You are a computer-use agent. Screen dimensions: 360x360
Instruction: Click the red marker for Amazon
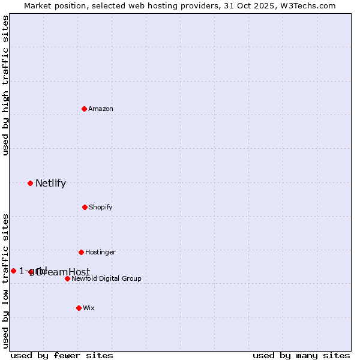(x=84, y=109)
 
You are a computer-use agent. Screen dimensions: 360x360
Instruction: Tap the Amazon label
(x=101, y=109)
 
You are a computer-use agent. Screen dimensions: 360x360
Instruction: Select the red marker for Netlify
(x=30, y=183)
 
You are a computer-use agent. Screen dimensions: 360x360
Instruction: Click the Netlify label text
(x=50, y=184)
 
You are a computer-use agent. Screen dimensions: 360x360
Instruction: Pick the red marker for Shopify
(x=85, y=207)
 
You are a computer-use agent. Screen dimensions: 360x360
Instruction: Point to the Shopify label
(x=101, y=208)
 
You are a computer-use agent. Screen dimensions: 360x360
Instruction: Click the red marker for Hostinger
(x=81, y=252)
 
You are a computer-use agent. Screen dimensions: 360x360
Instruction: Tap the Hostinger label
(x=100, y=253)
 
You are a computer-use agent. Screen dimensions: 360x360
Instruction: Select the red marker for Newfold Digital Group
(x=67, y=278)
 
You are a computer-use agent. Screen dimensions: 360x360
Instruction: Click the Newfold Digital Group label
(x=106, y=279)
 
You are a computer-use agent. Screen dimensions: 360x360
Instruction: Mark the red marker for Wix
(x=79, y=308)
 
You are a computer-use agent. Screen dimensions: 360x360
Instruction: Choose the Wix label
(x=89, y=308)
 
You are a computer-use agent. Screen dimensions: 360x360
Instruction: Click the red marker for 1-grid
(x=13, y=271)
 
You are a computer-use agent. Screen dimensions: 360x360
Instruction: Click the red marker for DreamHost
(x=31, y=272)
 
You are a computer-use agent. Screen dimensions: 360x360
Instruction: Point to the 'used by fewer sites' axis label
(x=62, y=356)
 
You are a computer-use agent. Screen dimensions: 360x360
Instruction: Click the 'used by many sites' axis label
(x=301, y=356)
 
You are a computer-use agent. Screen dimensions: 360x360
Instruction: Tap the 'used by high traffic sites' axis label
(x=5, y=85)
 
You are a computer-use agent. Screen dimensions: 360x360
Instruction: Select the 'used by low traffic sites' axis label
(x=5, y=281)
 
